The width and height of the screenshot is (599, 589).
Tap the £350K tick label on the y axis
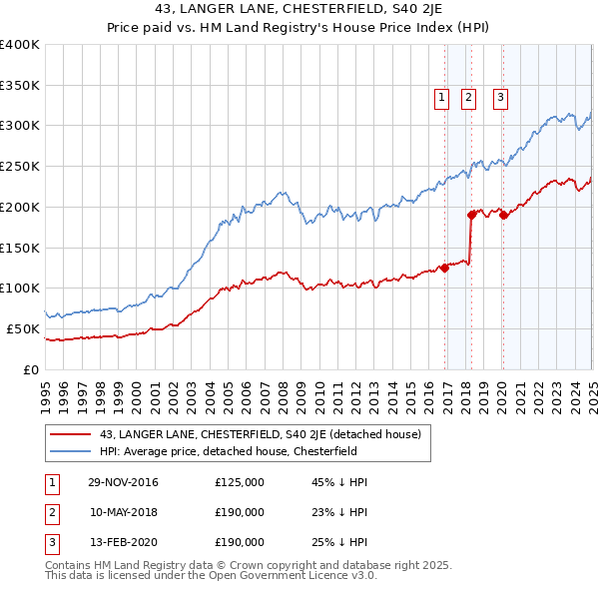(20, 85)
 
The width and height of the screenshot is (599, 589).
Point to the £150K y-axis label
(20, 248)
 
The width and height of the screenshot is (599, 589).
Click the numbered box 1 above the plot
(441, 97)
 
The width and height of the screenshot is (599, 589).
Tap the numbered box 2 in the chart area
(468, 97)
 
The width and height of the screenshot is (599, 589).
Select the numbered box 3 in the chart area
(499, 97)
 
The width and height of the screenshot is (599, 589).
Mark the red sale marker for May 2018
(471, 214)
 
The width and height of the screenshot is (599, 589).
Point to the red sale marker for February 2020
(503, 214)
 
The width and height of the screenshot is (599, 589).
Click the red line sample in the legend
(71, 434)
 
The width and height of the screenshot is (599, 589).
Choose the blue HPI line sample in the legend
(71, 452)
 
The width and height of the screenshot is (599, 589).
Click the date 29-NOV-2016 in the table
(123, 482)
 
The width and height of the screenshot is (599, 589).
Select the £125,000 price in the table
(240, 482)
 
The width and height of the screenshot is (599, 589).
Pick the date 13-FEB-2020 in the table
(123, 542)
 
